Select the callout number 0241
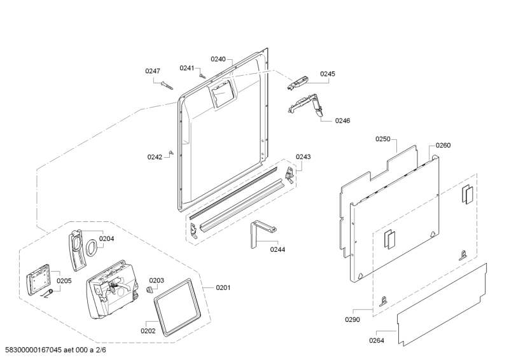tap(186, 67)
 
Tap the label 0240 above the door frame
tap(219, 59)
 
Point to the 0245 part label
tap(327, 74)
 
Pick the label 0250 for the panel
tap(382, 139)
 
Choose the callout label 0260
tap(443, 146)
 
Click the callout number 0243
tap(303, 156)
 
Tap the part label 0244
tap(277, 249)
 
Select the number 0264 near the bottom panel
tap(377, 340)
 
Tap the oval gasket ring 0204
tap(91, 246)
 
